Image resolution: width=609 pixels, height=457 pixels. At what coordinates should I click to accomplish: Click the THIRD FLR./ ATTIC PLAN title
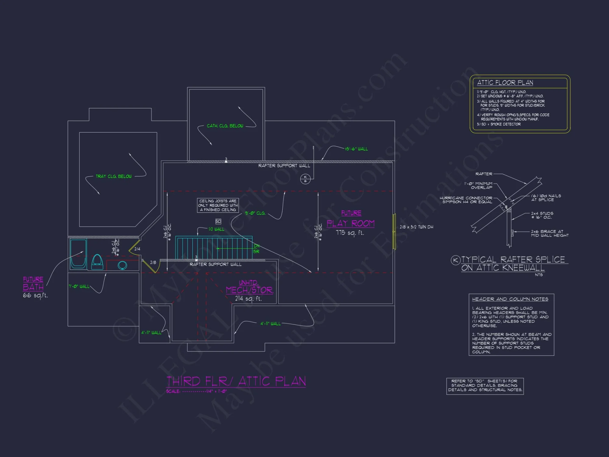tap(236, 381)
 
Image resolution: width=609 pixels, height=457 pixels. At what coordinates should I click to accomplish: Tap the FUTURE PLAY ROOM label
tap(350, 219)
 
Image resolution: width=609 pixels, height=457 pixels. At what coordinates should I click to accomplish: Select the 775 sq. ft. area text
tap(350, 233)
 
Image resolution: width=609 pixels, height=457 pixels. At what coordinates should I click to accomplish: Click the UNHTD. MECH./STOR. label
tap(249, 287)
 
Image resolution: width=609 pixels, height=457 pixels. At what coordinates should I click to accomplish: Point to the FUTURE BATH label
tap(33, 284)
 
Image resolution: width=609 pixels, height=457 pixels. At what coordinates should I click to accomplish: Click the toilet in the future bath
tap(97, 262)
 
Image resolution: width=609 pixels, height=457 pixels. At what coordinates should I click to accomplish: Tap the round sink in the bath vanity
tap(122, 265)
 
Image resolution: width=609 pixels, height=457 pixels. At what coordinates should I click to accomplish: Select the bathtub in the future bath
tap(78, 254)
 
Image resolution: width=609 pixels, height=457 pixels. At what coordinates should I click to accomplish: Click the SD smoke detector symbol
tap(218, 221)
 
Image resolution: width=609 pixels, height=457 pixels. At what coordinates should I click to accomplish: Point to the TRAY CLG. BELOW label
tap(114, 176)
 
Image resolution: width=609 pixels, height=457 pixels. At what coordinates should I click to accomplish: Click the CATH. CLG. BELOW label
tap(225, 126)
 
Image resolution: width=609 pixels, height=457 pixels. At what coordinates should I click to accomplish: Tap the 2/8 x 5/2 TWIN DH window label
tap(416, 227)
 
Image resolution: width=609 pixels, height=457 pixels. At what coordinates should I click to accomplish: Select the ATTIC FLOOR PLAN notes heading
tap(505, 83)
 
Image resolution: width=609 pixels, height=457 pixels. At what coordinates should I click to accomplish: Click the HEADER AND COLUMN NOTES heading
tap(510, 299)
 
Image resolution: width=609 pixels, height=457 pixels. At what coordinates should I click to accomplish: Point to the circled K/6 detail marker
tap(305, 179)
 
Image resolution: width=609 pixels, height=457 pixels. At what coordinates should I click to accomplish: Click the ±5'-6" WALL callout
tap(356, 149)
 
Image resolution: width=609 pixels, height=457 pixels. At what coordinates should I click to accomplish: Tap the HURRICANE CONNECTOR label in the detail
tap(466, 200)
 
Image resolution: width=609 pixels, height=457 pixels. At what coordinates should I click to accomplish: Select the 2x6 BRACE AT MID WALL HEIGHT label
tap(550, 233)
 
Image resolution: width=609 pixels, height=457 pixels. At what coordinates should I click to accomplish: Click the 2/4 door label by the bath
tap(137, 249)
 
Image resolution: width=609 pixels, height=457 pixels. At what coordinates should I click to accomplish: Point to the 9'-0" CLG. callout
tap(255, 213)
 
